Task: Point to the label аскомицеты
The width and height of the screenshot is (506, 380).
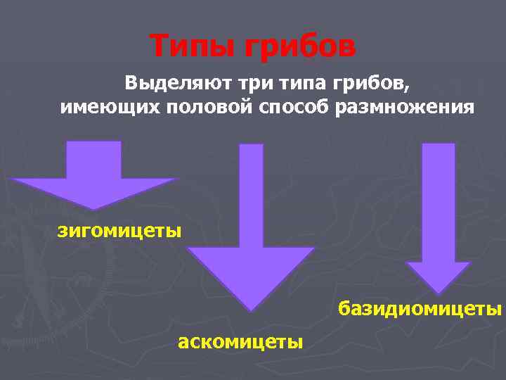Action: [240, 342]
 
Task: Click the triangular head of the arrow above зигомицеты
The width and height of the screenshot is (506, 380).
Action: [93, 191]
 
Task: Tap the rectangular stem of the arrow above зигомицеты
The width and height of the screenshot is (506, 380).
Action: [93, 159]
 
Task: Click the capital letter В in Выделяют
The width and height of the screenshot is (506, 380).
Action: [132, 84]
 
